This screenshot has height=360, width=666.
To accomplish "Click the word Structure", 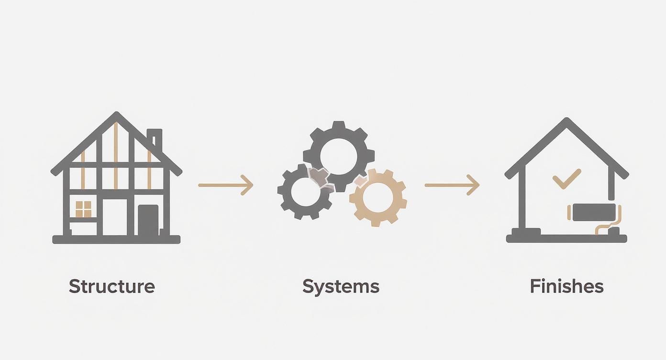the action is [x=112, y=286].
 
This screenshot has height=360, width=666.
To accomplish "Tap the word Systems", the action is [x=341, y=287].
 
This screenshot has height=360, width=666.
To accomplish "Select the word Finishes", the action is [x=566, y=286].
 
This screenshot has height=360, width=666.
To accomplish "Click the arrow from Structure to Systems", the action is [x=226, y=185].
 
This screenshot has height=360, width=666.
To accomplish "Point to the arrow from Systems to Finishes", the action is [x=452, y=185].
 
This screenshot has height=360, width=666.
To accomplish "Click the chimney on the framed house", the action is [x=155, y=140].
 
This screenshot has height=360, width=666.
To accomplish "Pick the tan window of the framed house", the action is [x=83, y=209].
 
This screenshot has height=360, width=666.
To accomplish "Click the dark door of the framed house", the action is [x=148, y=220].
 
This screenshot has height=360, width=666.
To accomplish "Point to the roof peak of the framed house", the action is [x=117, y=114].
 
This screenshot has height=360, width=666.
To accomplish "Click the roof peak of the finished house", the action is [x=566, y=120].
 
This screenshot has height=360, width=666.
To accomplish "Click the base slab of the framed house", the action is [x=116, y=239].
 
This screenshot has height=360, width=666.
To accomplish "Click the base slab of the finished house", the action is [x=566, y=238].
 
